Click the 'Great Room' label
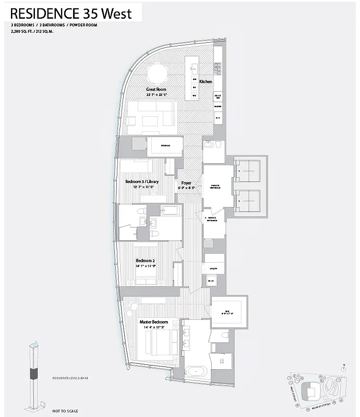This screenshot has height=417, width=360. [157, 90]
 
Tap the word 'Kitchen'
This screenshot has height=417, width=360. [206, 82]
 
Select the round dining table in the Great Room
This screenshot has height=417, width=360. [157, 72]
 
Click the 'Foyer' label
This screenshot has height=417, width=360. [186, 183]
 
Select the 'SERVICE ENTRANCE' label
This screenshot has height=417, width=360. [212, 219]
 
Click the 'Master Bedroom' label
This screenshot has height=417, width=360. [153, 323]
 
